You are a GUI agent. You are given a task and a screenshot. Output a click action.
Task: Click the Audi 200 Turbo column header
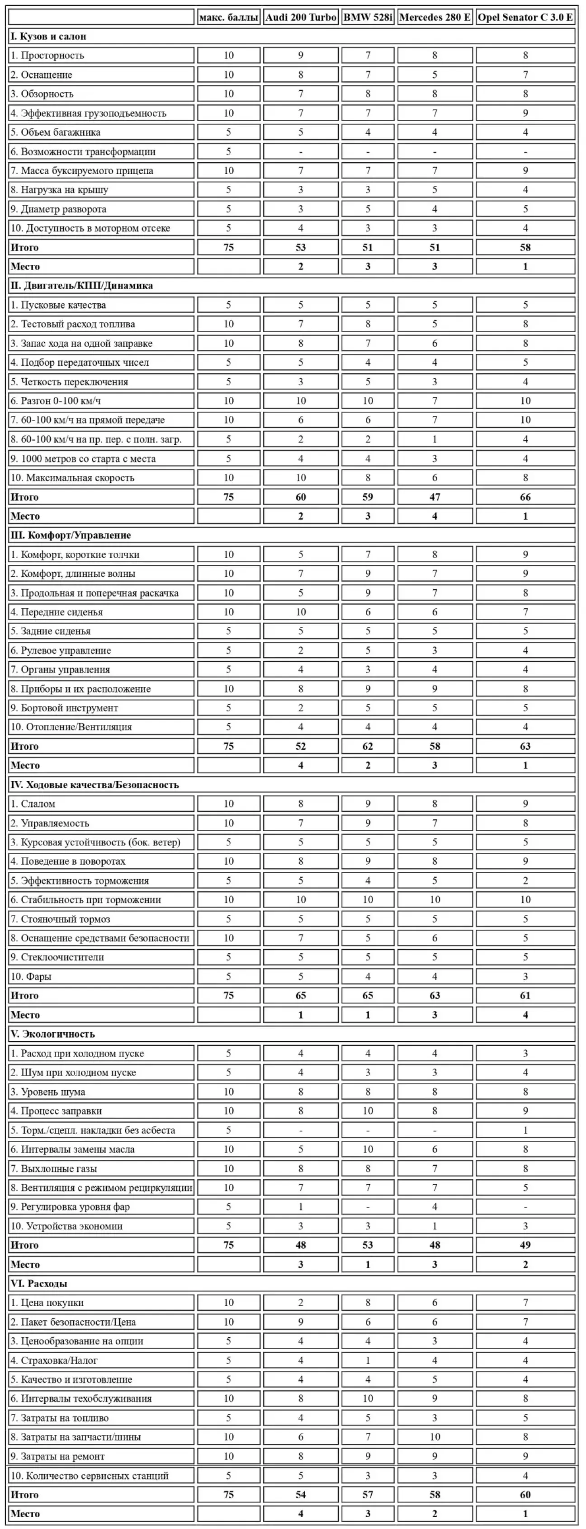[x=300, y=17]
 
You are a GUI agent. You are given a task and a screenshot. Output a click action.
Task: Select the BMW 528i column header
[x=368, y=17]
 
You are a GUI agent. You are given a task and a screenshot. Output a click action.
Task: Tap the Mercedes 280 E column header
[x=435, y=17]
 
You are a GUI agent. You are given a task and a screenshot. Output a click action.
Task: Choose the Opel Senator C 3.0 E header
[x=525, y=17]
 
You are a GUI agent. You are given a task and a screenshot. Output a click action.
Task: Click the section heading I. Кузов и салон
[x=48, y=36]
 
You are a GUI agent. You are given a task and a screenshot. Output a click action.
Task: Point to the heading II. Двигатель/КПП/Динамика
[x=81, y=286]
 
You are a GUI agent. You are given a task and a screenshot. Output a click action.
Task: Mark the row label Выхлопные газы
[x=53, y=1169]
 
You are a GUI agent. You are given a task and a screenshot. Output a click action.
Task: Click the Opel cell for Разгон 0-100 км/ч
[x=525, y=400]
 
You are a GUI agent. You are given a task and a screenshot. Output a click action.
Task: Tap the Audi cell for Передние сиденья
[x=300, y=612]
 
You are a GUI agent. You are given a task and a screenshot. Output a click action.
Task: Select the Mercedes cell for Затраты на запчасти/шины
[x=435, y=1437]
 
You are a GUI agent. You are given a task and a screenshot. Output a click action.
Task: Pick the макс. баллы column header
[x=229, y=17]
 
